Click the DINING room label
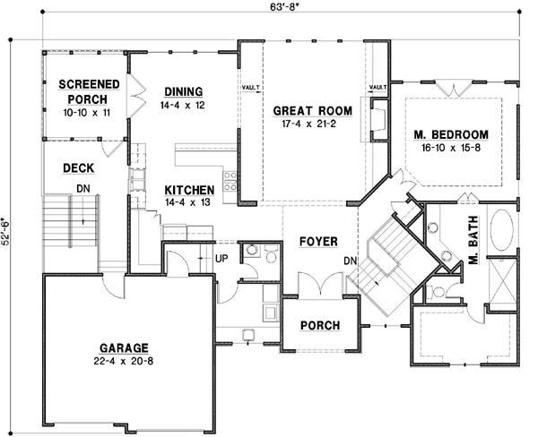click(183, 91)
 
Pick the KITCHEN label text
click(188, 190)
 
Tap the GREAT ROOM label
click(311, 112)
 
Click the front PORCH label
click(319, 325)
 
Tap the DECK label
click(79, 167)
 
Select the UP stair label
click(221, 259)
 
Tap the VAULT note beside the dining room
click(250, 88)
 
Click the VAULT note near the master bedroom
click(377, 87)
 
